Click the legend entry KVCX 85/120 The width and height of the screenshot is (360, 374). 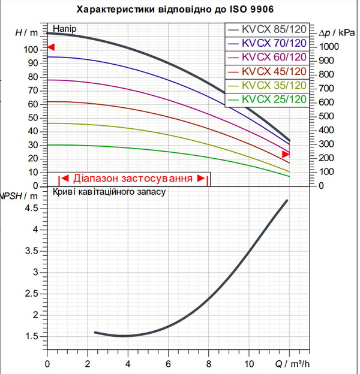click(x=267, y=29)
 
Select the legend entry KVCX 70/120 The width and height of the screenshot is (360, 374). click(x=267, y=43)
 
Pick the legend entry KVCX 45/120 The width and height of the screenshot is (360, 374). click(x=267, y=71)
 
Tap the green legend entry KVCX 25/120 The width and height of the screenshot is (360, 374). click(x=267, y=99)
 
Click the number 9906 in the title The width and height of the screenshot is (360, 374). click(x=262, y=9)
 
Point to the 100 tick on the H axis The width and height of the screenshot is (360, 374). click(x=31, y=50)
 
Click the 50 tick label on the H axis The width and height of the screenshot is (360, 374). click(x=33, y=118)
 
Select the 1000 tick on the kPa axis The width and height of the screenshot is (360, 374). click(x=329, y=47)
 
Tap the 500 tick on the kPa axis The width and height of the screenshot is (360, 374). click(x=326, y=116)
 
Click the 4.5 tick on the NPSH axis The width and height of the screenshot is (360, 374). click(x=32, y=208)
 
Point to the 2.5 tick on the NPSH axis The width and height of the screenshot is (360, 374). click(x=32, y=294)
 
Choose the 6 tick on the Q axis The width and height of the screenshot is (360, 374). click(x=169, y=364)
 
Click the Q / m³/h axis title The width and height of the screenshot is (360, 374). click(x=292, y=364)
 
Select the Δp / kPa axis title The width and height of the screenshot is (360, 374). click(x=337, y=33)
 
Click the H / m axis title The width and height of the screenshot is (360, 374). click(x=27, y=32)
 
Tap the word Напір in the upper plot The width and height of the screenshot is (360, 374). click(x=65, y=29)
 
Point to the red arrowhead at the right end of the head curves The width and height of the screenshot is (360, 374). click(x=286, y=154)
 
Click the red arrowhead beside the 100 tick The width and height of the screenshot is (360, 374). click(x=51, y=47)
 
